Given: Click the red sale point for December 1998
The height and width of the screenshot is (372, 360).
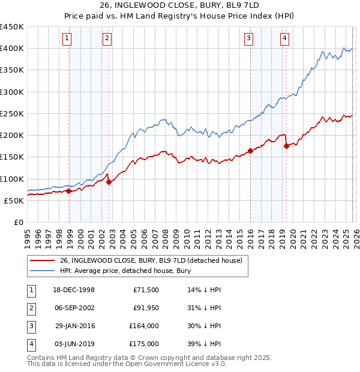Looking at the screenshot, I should click(69, 191).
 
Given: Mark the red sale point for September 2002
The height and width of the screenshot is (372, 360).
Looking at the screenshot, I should click(109, 182).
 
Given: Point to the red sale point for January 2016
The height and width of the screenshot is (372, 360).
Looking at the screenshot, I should click(250, 151).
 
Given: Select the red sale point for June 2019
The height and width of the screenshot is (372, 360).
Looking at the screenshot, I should click(286, 146).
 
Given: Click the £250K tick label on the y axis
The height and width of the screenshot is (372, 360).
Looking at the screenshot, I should click(12, 113).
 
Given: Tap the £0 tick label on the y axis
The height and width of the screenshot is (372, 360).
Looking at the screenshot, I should click(18, 222).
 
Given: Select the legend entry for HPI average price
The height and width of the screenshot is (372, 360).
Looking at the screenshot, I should click(116, 270).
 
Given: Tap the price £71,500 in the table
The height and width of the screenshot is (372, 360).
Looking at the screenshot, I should click(145, 290).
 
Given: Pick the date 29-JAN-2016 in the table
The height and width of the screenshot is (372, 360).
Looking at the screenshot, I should click(75, 326).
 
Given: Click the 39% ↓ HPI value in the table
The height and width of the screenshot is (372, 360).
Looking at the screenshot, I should click(204, 344).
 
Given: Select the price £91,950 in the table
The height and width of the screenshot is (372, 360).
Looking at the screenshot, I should click(145, 308).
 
